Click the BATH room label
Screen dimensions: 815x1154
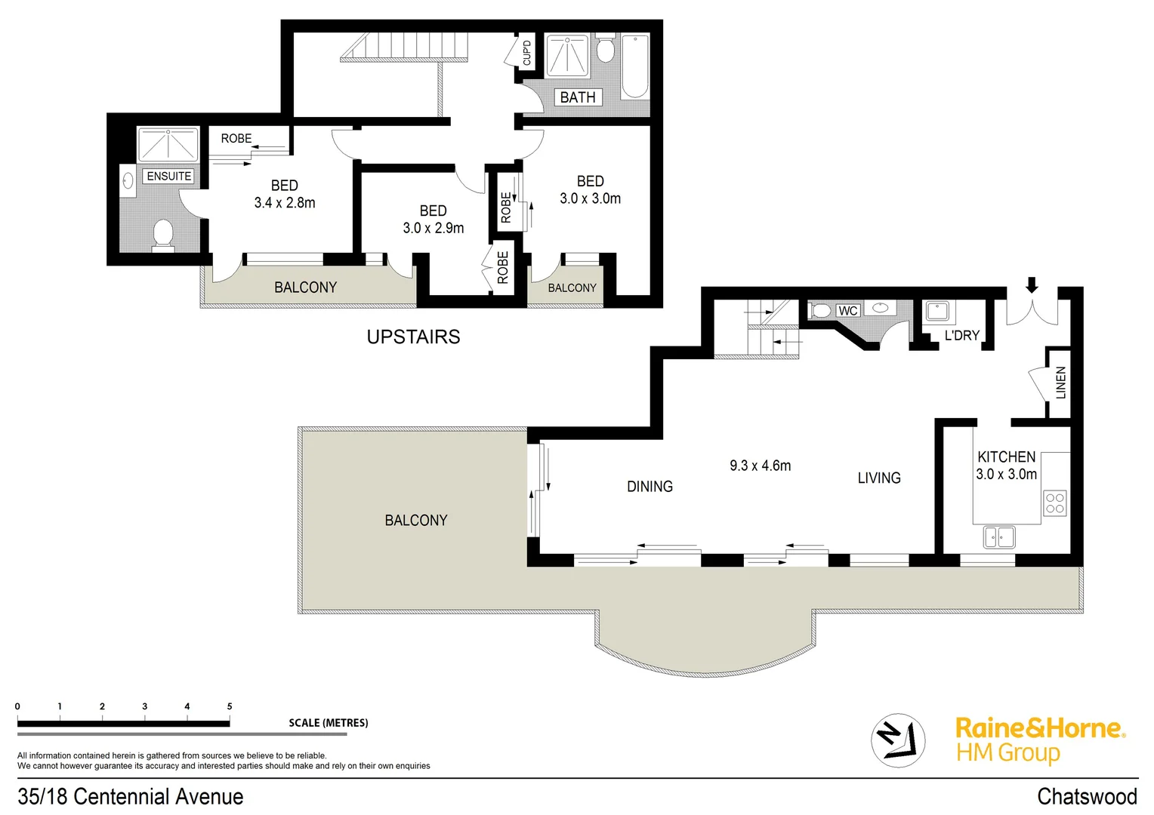578,97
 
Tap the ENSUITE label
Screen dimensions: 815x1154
168,177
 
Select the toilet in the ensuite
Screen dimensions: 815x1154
162,234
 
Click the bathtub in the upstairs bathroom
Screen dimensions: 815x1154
634,67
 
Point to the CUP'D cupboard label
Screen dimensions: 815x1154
526,53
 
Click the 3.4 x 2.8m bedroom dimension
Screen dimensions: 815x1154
285,203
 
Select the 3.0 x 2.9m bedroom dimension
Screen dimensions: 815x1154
433,228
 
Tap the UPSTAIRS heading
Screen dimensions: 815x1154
413,337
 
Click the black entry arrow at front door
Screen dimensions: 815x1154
1032,285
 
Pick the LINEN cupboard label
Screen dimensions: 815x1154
1060,383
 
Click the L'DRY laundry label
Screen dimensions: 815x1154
961,336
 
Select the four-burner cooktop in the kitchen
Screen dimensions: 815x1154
1054,503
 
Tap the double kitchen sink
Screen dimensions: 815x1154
999,537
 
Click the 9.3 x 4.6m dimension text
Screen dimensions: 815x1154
760,466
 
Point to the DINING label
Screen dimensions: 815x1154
650,487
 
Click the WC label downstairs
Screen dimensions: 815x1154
847,311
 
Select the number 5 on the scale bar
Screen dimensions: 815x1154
230,707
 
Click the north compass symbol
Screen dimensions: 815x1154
898,740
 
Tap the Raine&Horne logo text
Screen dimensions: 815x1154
1039,728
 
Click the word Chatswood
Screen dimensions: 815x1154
1086,797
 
